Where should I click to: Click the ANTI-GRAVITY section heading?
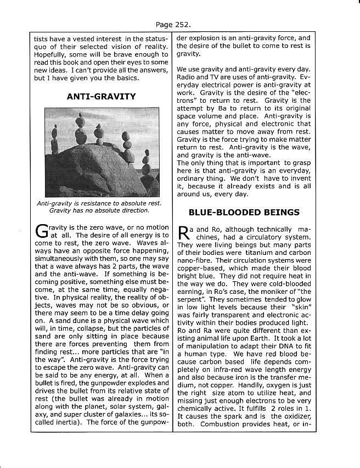point(101,97)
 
